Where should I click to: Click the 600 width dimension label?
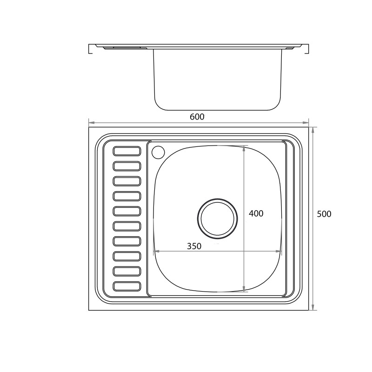(x=197, y=117)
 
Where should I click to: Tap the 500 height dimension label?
(x=324, y=214)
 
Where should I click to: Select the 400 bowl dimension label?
(x=256, y=213)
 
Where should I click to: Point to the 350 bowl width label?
(x=194, y=246)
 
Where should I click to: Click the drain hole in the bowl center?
(x=217, y=219)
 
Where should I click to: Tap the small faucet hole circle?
(x=158, y=152)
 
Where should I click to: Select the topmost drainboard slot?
(x=127, y=151)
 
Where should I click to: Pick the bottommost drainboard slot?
(x=127, y=286)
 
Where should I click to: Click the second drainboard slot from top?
(x=127, y=166)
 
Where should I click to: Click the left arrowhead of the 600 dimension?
(x=91, y=123)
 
